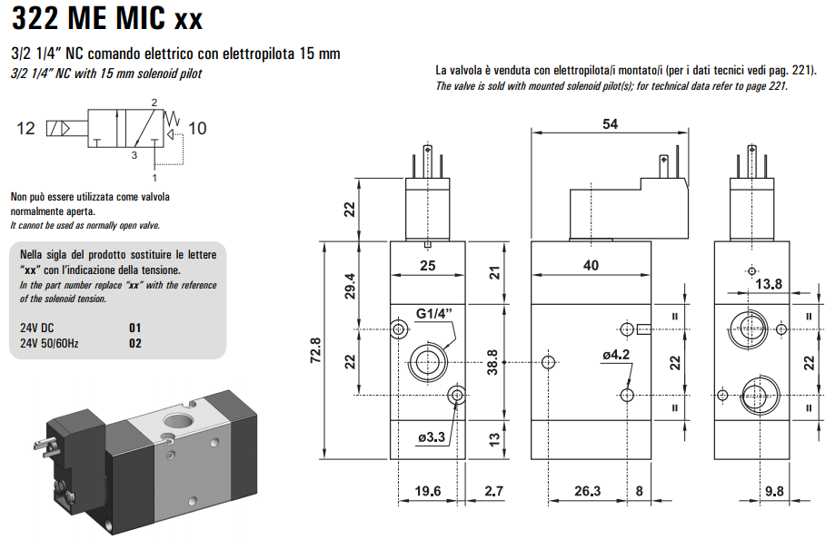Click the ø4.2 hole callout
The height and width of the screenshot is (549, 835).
(x=615, y=355)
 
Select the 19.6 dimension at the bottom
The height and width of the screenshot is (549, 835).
(x=427, y=492)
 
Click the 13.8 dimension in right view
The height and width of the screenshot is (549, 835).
(x=769, y=284)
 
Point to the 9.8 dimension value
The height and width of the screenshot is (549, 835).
(x=774, y=492)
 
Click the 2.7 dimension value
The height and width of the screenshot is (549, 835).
(x=493, y=492)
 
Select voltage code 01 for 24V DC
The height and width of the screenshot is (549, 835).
(x=135, y=328)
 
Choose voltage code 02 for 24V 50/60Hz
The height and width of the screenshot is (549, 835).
(x=135, y=343)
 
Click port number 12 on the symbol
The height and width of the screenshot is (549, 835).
(x=26, y=128)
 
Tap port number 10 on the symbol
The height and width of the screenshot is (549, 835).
(x=197, y=128)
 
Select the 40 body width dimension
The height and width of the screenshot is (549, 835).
(x=591, y=265)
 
